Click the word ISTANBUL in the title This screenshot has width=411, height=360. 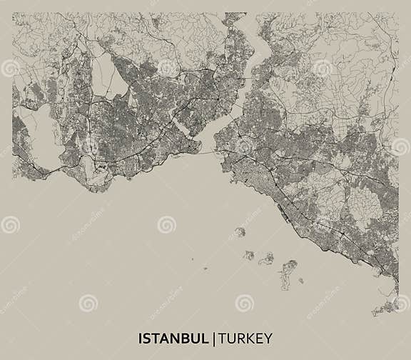pos(173,336)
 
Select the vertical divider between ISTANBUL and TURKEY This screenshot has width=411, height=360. pos(214,336)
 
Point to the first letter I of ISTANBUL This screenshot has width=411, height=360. pos(140,336)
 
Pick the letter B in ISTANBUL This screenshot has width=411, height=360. pos(186,336)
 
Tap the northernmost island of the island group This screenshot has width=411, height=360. pos(240,231)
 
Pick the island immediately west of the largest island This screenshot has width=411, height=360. pos(267,259)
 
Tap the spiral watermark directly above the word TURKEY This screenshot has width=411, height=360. pos(244,303)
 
